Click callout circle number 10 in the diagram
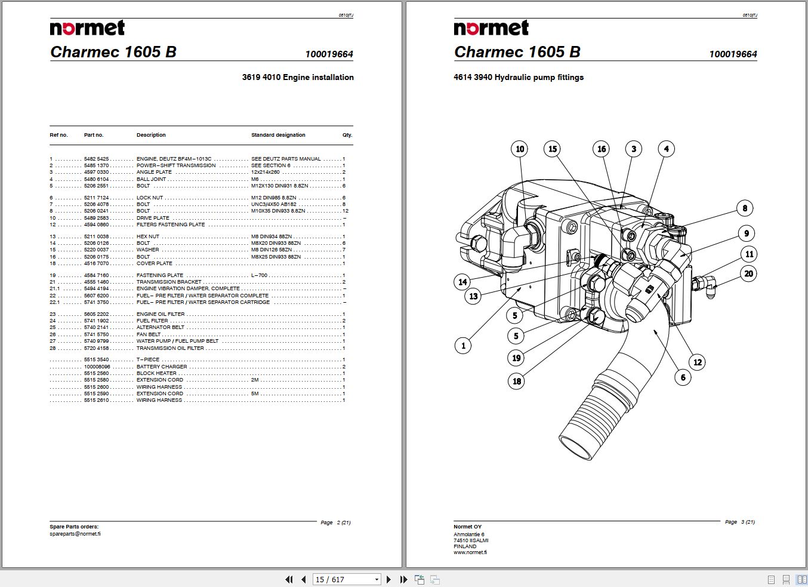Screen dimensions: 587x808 click(x=520, y=149)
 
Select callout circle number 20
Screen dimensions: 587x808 click(x=748, y=274)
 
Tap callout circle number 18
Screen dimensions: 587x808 click(x=517, y=381)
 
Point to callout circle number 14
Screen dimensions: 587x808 click(x=462, y=282)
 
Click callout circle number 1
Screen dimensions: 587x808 click(x=463, y=345)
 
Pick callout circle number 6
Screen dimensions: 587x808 click(x=683, y=377)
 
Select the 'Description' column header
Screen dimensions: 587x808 click(x=151, y=135)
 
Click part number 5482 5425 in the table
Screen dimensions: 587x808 click(x=96, y=159)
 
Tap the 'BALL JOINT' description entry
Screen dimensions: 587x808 click(x=151, y=179)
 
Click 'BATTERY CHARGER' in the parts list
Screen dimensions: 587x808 click(x=161, y=367)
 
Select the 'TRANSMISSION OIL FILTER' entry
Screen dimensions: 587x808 click(x=170, y=348)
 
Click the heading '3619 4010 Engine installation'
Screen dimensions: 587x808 click(x=297, y=77)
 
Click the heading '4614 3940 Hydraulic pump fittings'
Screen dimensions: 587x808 click(x=518, y=77)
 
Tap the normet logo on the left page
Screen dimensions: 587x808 click(x=87, y=28)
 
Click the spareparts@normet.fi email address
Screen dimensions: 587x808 click(x=75, y=534)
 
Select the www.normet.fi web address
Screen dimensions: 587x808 click(x=470, y=552)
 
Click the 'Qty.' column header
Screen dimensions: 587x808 click(x=347, y=135)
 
